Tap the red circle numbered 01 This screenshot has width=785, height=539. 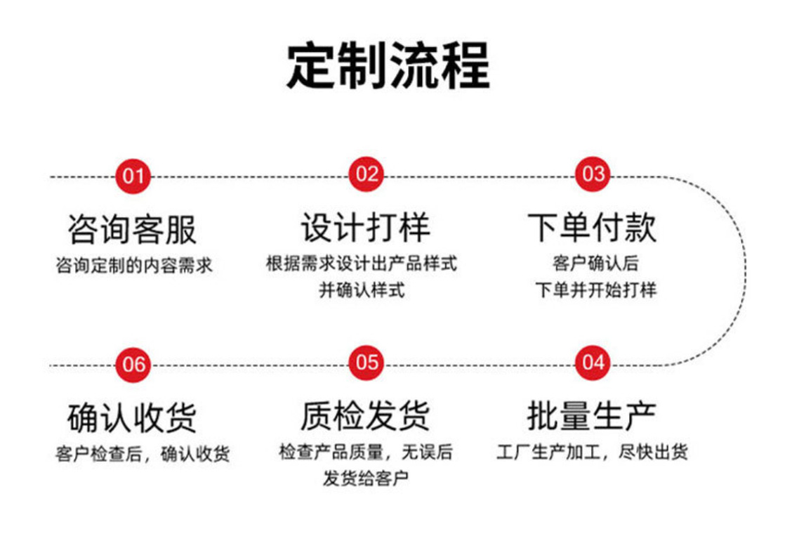[x=133, y=175]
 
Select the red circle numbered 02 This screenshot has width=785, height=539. [x=367, y=174]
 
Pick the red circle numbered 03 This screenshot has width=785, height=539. [x=593, y=174]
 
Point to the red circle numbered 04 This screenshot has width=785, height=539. [x=593, y=363]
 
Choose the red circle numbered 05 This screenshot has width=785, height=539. [x=367, y=363]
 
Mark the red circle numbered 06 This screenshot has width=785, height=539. [x=133, y=364]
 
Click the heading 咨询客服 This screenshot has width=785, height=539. [x=133, y=228]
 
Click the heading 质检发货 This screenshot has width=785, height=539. [x=365, y=416]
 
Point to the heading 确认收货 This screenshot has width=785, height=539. [x=133, y=418]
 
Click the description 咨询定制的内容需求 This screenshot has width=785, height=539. [x=133, y=266]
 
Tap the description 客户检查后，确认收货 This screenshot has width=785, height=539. [x=143, y=454]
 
